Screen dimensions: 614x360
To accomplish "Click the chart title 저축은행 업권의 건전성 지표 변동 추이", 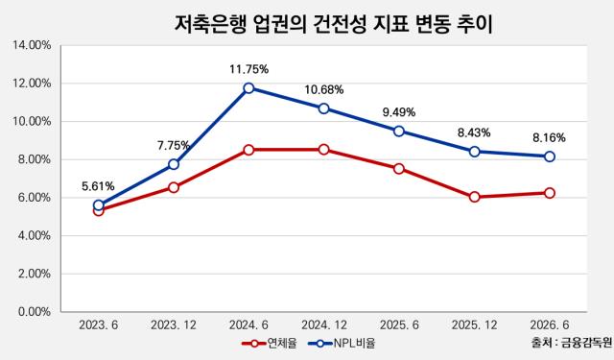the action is click(333, 25).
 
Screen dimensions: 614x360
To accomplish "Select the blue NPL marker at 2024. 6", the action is click(248, 87).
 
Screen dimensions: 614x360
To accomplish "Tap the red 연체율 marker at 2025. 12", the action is click(475, 197).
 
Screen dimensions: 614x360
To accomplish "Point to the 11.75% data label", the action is click(248, 70).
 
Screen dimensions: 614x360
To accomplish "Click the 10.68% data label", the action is click(324, 90).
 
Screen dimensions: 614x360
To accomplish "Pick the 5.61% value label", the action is click(98, 186).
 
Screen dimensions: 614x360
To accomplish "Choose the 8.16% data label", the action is click(549, 138).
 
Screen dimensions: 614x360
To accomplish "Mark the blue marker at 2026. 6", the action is click(550, 156).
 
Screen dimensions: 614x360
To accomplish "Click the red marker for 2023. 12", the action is click(174, 187).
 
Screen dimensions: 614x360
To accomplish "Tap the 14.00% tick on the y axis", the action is click(32, 45).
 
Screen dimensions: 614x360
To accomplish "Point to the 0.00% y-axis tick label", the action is click(35, 312).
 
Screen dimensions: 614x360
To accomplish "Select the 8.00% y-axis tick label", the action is click(35, 159).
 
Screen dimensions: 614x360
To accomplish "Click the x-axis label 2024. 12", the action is click(324, 325).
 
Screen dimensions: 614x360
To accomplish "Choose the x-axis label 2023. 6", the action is click(98, 325).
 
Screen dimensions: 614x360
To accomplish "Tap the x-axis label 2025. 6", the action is click(399, 325).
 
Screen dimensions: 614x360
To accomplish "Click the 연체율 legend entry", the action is click(270, 344).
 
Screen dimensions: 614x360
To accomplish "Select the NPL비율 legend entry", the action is click(342, 344).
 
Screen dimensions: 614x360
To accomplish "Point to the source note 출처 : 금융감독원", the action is click(572, 343).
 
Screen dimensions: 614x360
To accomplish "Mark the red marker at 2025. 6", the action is click(399, 169).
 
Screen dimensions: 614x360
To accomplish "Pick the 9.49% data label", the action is click(399, 112).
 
